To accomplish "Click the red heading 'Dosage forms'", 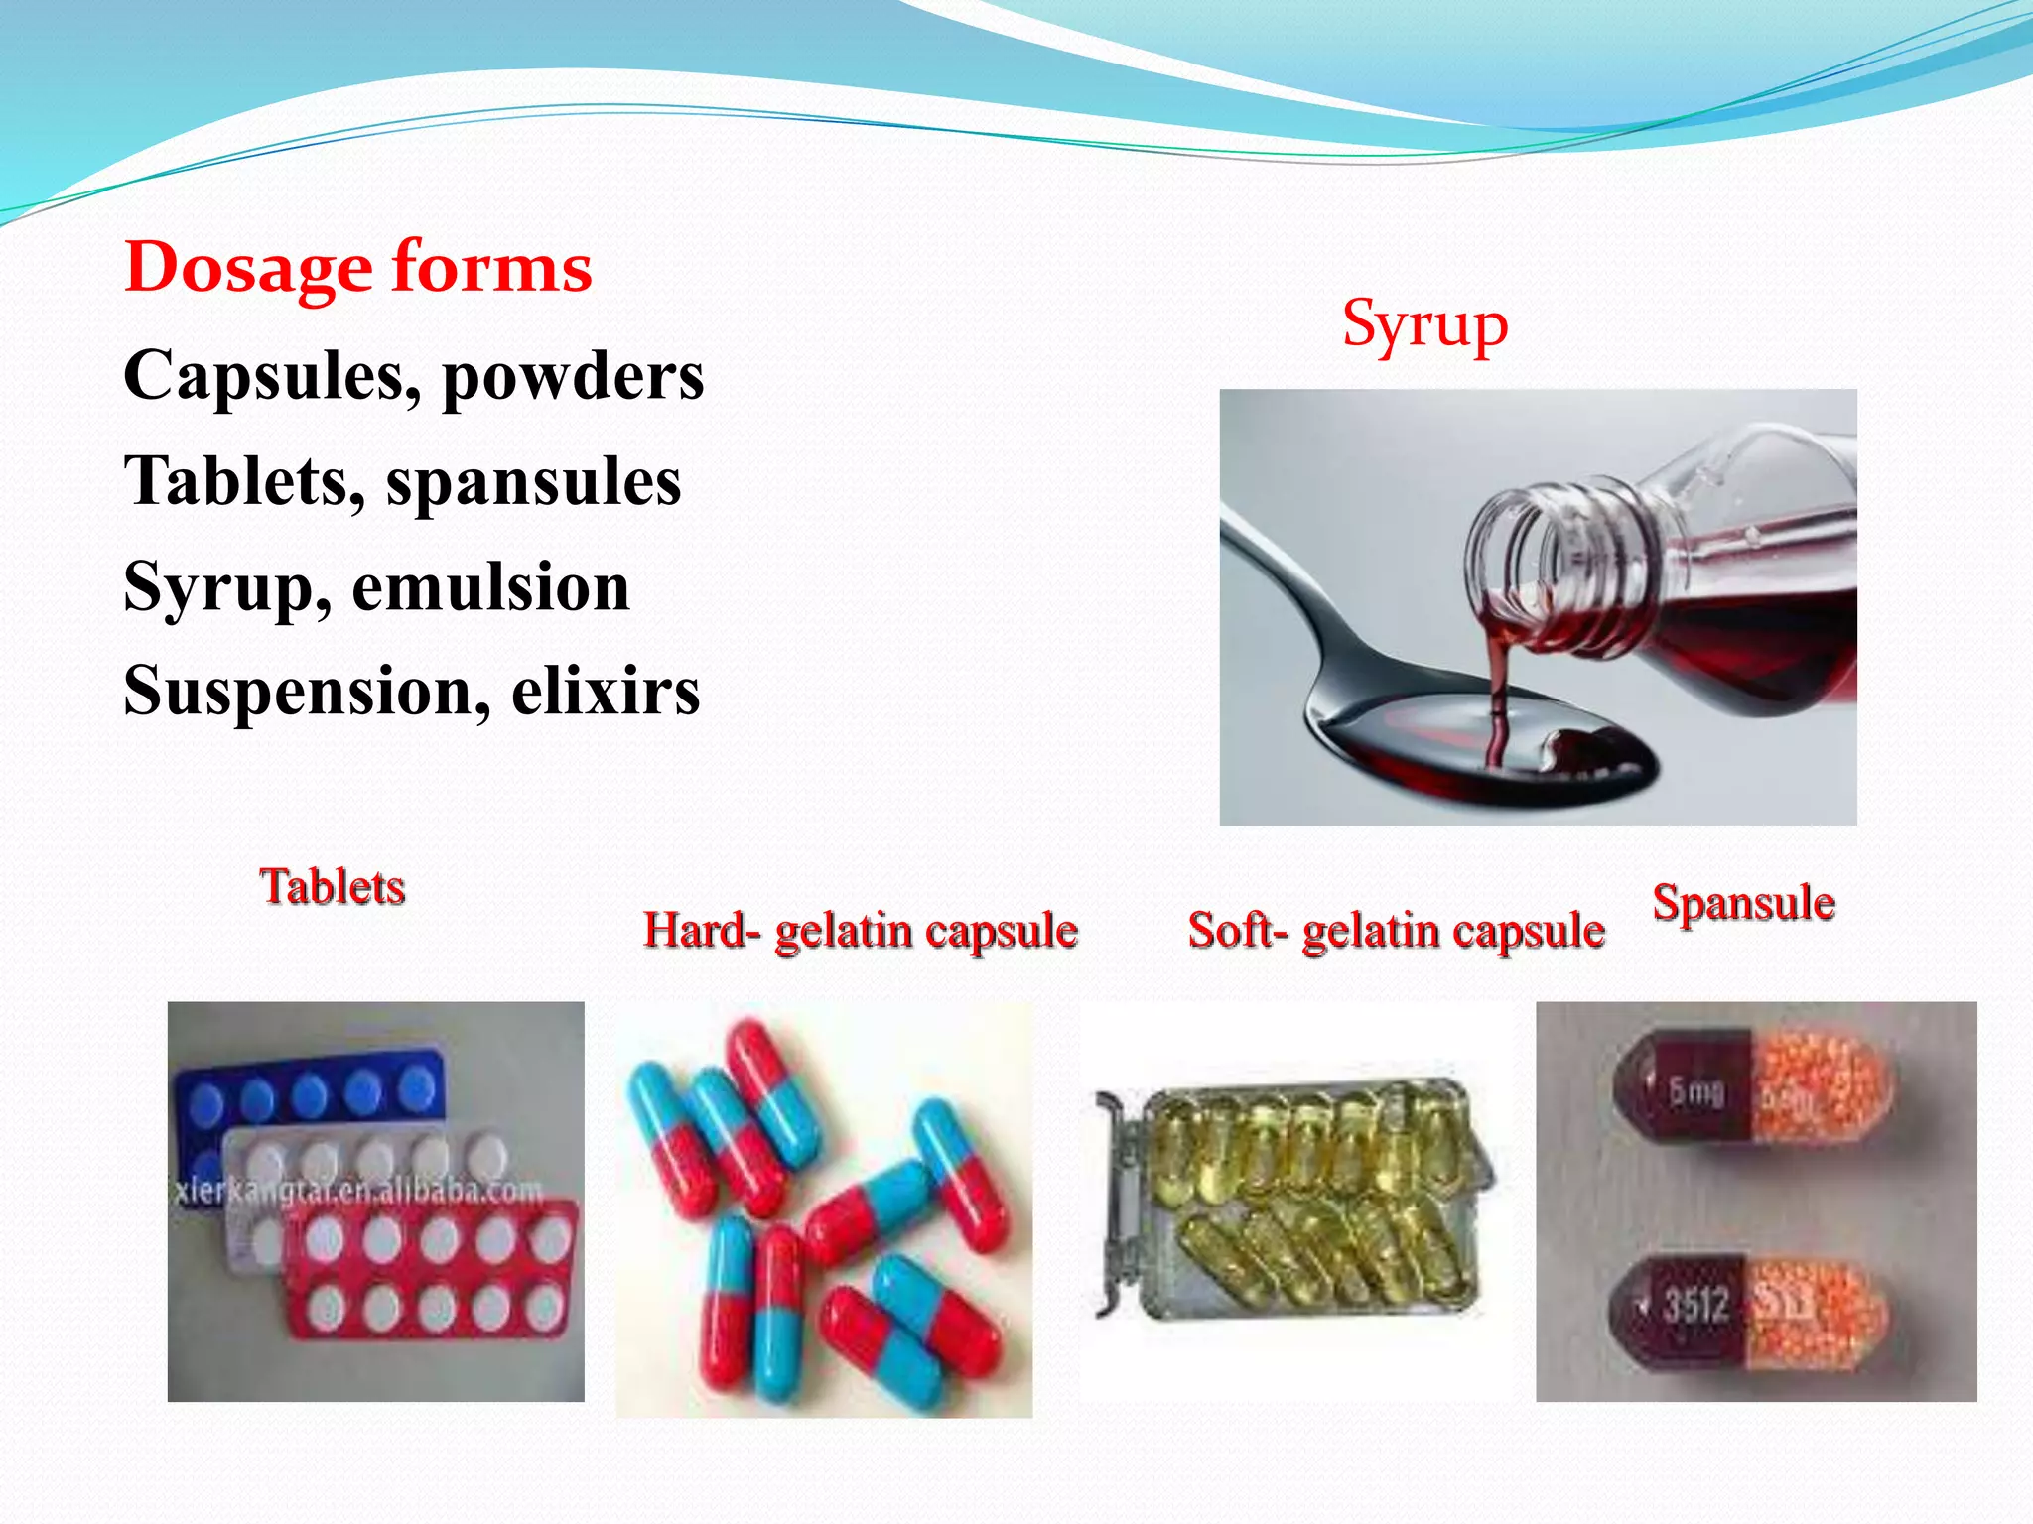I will click(358, 268).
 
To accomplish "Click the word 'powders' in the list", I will click(573, 377).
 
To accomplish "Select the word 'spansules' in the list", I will click(533, 482).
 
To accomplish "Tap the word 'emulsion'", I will click(490, 586).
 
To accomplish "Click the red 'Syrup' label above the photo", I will click(1424, 325).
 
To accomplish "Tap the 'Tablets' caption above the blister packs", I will click(333, 886).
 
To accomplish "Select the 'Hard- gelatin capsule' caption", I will click(860, 931).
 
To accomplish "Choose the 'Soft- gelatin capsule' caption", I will click(1396, 931).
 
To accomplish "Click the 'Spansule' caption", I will click(1743, 903).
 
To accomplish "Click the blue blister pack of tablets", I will click(308, 1091).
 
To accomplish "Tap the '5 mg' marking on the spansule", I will click(1695, 1091).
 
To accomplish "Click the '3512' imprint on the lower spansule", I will click(1695, 1304).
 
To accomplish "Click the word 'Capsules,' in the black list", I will click(271, 377).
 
